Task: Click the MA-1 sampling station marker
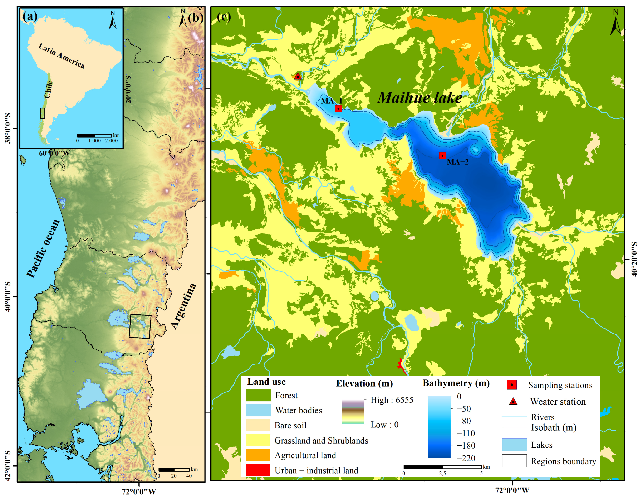coord(338,108)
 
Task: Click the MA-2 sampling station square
coord(442,156)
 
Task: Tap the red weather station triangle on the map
coord(298,76)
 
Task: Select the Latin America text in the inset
coord(62,56)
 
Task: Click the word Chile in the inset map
coord(48,89)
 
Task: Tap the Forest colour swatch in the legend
coord(258,395)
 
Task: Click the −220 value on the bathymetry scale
coord(466,458)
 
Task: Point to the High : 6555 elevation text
coord(392,400)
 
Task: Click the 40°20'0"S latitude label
coord(634,259)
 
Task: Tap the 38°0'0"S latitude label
coord(8,129)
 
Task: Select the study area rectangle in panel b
coord(140,326)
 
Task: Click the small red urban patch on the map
coord(401,365)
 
